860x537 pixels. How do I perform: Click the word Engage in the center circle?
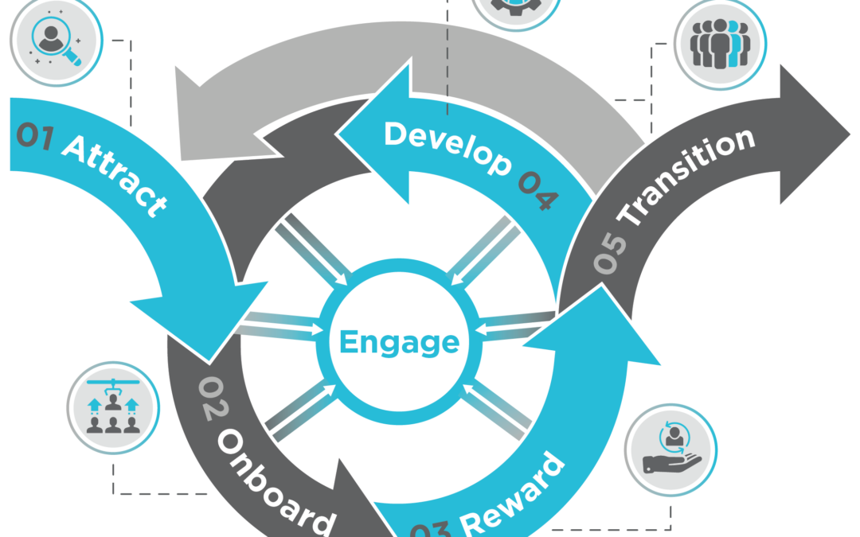(x=399, y=342)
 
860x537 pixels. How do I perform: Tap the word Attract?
(x=115, y=176)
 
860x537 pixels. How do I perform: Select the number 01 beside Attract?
(x=34, y=136)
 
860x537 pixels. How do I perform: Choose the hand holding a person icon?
(x=672, y=449)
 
